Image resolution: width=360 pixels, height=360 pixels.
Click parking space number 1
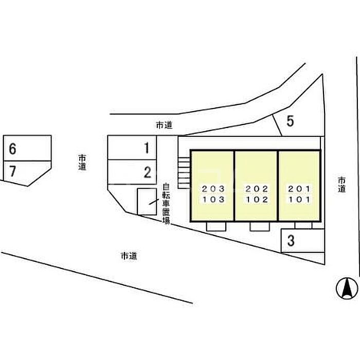pos(147,149)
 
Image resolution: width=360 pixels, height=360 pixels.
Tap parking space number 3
pos(291,241)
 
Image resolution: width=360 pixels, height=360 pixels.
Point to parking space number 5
pos(290,121)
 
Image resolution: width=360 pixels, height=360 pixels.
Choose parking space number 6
pos(13,149)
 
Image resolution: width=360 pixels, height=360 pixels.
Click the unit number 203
pos(213,188)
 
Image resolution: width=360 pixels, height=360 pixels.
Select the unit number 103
pos(213,200)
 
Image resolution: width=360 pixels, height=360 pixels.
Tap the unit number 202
pos(257,188)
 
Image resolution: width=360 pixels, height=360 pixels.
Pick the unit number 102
pos(257,200)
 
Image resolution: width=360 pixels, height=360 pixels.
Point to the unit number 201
pos(299,188)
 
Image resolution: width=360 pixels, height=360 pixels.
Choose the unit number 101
pos(299,200)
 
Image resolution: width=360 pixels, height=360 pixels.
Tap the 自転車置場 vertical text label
pos(166,204)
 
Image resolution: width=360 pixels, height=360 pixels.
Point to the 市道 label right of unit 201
pos(343,185)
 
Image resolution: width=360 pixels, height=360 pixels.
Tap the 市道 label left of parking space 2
pos(83,163)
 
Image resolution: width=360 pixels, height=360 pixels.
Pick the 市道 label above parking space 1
pos(164,124)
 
